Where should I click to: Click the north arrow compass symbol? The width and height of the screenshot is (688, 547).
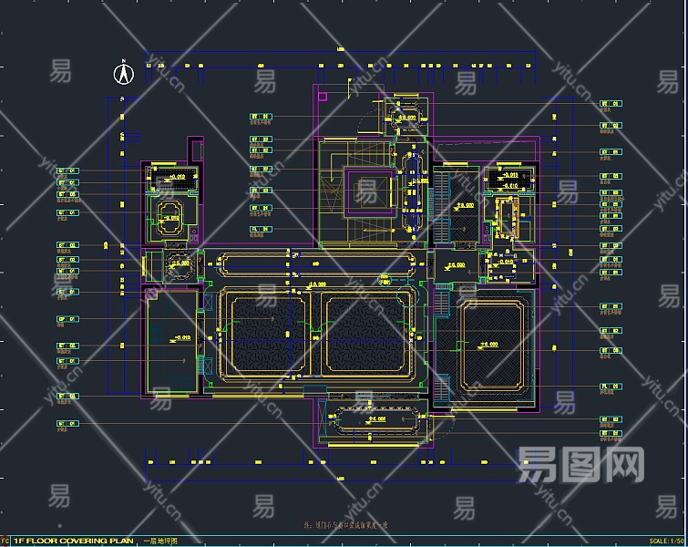point(123,72)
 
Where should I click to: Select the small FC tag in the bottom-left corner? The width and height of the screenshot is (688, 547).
point(5,542)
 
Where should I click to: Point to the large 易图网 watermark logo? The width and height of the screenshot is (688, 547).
point(580,465)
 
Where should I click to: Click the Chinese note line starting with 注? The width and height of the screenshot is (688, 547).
point(346,525)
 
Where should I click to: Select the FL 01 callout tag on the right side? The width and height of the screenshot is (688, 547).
point(610,387)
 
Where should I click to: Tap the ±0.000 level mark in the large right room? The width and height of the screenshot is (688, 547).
point(489,345)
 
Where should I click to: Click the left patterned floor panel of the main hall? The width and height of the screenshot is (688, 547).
point(270,334)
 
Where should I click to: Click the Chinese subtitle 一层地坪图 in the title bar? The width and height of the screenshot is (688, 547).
point(160,542)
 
